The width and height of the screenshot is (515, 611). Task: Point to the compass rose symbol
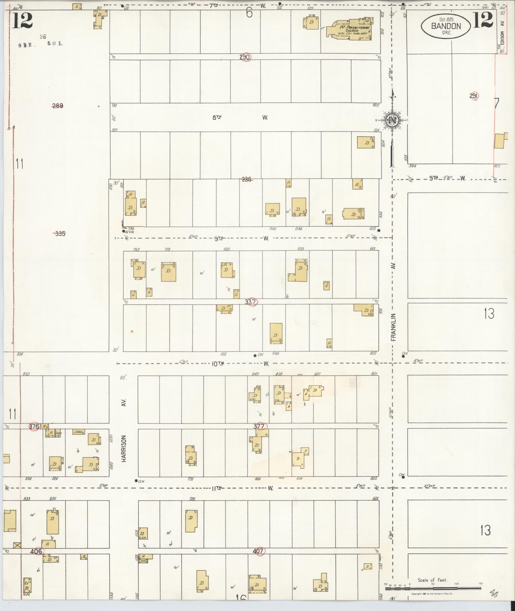391,120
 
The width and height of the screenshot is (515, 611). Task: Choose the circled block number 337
251,302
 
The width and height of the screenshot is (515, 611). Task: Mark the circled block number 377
259,426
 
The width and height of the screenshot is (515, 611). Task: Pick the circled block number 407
258,551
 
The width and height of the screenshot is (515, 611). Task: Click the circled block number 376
34,426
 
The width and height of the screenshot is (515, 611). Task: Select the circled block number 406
36,551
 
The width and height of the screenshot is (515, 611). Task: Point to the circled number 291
474,96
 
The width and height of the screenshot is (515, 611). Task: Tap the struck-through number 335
60,234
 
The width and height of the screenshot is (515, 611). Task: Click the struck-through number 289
57,106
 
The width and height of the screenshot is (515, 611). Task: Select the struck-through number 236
246,179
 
